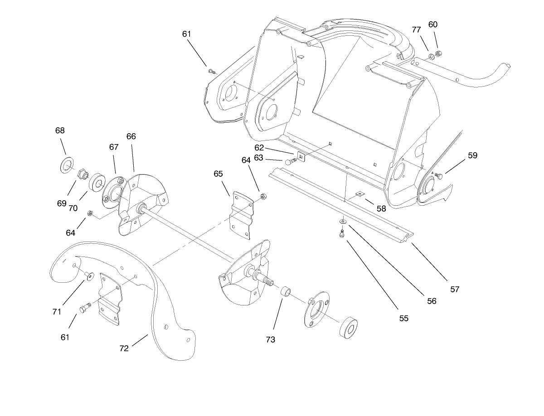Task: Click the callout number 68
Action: click(60, 131)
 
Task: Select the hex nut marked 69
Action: click(83, 174)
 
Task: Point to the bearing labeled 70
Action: click(96, 182)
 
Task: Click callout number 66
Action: click(131, 136)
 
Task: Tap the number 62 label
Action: click(259, 147)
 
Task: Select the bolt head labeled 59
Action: click(439, 175)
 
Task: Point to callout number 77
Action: click(417, 30)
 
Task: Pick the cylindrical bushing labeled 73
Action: click(286, 291)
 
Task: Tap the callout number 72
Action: click(124, 348)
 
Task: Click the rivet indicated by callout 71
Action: click(88, 276)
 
